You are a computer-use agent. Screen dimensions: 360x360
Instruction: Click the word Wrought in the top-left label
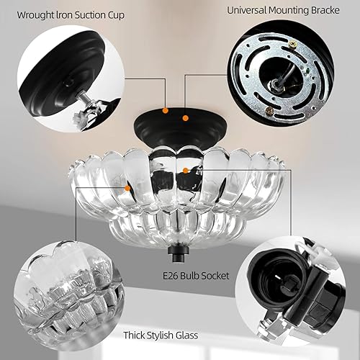(35, 14)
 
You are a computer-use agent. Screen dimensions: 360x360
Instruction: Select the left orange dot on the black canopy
(166, 111)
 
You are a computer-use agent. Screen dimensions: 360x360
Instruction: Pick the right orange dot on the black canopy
(186, 117)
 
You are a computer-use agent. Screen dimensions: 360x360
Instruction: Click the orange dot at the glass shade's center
(186, 170)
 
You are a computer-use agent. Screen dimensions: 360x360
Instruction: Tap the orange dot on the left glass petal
(129, 187)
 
